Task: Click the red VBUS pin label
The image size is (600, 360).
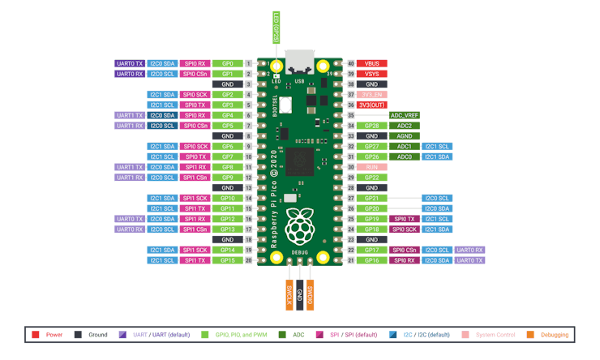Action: pyautogui.click(x=372, y=63)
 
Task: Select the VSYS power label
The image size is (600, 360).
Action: pyautogui.click(x=372, y=74)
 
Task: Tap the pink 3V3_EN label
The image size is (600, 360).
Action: pyautogui.click(x=372, y=95)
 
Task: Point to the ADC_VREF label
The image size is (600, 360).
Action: pyautogui.click(x=405, y=115)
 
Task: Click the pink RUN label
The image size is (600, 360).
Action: pyautogui.click(x=372, y=167)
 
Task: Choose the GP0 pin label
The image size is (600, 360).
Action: pyautogui.click(x=228, y=63)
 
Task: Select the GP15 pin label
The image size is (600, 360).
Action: pyautogui.click(x=228, y=260)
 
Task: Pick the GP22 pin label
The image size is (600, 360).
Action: pyautogui.click(x=372, y=178)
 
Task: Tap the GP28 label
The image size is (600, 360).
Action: pyautogui.click(x=372, y=126)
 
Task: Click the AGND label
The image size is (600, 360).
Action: pyautogui.click(x=405, y=136)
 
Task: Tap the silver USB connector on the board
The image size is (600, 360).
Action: pyautogui.click(x=299, y=62)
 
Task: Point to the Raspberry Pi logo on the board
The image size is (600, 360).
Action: pyautogui.click(x=299, y=227)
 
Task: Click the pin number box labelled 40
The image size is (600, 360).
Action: pyautogui.click(x=351, y=63)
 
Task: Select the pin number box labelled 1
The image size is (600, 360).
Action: pyautogui.click(x=248, y=63)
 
